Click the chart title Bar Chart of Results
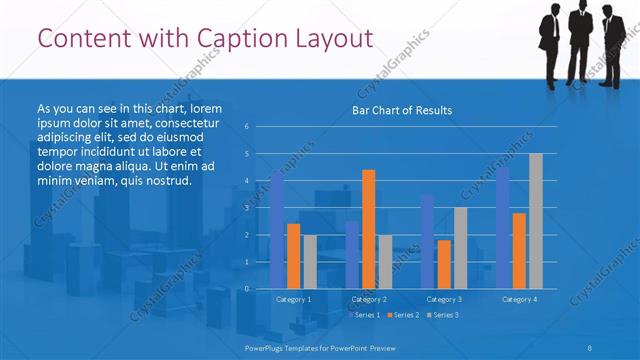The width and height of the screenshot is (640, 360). [x=402, y=110]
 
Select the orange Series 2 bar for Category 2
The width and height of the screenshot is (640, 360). [x=368, y=229]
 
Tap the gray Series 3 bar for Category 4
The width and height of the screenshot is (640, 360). [x=535, y=221]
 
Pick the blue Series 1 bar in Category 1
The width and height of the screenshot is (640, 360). [x=277, y=230]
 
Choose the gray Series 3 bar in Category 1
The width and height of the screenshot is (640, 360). [x=309, y=262]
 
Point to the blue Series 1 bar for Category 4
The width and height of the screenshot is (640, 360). [x=503, y=228]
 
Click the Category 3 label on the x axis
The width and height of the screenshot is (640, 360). [x=444, y=299]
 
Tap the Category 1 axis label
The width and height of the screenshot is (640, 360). [x=293, y=299]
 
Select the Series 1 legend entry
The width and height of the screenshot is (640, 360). [x=364, y=315]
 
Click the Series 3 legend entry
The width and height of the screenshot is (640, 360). [x=444, y=315]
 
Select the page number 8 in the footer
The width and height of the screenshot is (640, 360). [x=589, y=347]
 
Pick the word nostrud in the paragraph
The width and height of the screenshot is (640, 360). [x=163, y=181]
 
